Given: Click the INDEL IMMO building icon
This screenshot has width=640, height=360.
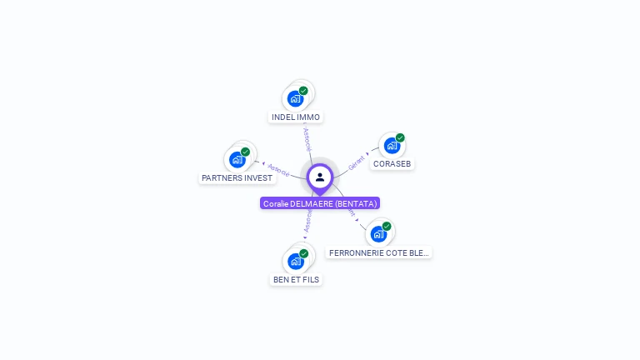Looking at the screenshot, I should (x=295, y=98).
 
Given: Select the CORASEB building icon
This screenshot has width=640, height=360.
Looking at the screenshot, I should (x=392, y=146).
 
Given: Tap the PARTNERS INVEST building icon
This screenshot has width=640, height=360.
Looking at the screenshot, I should (x=237, y=159).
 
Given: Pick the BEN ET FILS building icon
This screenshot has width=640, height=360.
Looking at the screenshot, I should (x=295, y=261).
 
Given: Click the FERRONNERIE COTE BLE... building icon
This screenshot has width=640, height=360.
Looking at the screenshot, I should (x=378, y=233).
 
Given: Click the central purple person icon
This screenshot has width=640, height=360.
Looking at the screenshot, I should (x=320, y=177).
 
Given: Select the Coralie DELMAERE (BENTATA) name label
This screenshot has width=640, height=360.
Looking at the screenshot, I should (x=320, y=203).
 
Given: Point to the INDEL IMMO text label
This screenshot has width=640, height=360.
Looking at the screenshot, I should (x=296, y=117).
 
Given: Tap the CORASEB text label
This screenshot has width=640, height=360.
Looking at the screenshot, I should (x=392, y=164).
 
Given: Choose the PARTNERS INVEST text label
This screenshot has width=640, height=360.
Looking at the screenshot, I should (x=237, y=178).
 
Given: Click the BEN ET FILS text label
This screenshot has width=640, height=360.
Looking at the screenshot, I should (x=296, y=280).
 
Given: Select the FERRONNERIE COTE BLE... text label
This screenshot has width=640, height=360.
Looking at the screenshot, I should (x=379, y=252).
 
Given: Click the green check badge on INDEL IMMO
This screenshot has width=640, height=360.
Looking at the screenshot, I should (x=303, y=90).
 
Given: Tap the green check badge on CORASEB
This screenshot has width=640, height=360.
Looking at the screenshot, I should (x=400, y=137).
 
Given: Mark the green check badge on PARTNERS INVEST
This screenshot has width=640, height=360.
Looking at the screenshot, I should (x=245, y=152).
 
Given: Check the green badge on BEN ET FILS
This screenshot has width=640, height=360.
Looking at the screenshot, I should (x=303, y=253).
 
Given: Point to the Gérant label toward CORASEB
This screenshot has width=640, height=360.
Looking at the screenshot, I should (x=357, y=162).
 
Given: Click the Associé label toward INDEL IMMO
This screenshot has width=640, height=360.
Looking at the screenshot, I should (x=307, y=138).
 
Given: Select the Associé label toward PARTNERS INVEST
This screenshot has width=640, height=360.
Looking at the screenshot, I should (x=278, y=170).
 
